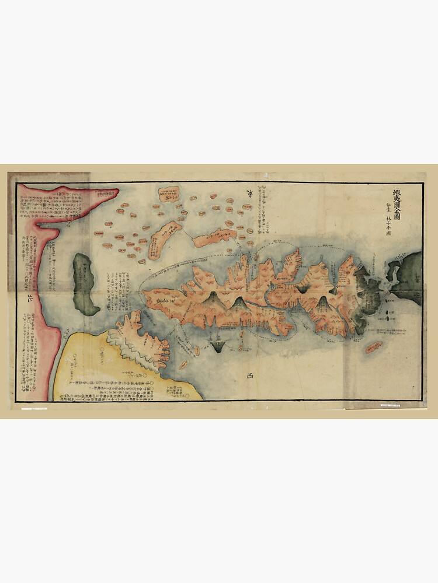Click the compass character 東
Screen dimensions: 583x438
coord(250,195)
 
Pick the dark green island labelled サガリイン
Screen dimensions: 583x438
coord(85,284)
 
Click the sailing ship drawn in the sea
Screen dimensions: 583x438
coord(219,344)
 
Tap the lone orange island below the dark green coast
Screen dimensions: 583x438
coord(374,347)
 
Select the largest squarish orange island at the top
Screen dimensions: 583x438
coord(169,194)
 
